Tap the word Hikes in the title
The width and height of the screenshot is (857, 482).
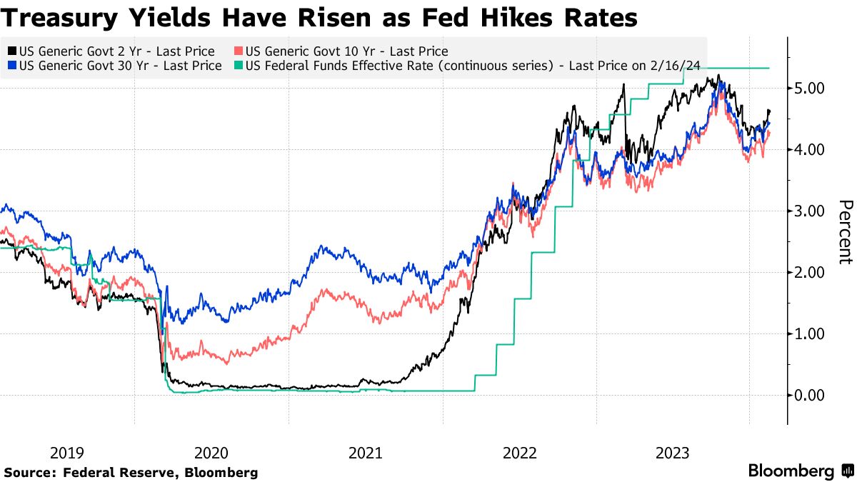point(525,17)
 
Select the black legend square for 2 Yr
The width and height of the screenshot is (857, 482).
point(12,51)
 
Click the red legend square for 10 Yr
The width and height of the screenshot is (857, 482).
point(239,51)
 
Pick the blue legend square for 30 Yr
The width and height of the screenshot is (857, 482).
point(12,66)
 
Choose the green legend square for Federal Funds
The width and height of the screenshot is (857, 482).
point(239,66)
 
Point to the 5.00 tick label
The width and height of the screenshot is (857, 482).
point(809,88)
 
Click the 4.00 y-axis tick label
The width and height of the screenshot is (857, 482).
point(809,149)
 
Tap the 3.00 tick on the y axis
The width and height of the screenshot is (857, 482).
point(809,211)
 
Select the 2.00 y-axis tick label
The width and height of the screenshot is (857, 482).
point(809,272)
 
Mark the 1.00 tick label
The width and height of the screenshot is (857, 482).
point(809,333)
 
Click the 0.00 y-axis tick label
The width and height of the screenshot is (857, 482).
point(809,395)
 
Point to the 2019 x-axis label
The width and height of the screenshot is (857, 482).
point(67,453)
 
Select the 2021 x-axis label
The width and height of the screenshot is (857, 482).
point(365,453)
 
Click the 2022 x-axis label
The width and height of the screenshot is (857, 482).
point(519,453)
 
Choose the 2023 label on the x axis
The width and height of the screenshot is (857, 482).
point(673,453)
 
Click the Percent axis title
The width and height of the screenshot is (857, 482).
point(845,231)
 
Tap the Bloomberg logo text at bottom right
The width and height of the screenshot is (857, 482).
point(791,471)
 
